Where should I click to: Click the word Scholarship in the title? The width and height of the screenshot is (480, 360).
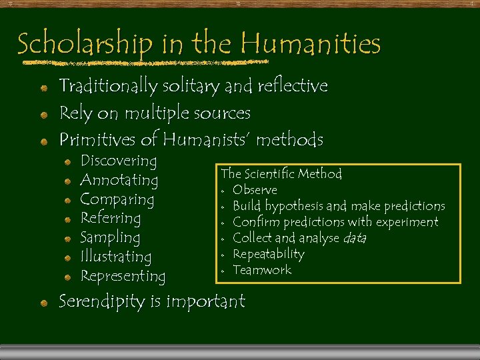click(x=85, y=45)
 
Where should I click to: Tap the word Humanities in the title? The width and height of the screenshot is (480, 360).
click(x=311, y=43)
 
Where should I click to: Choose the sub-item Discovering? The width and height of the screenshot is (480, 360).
click(x=118, y=161)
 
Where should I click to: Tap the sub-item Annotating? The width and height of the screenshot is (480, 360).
click(x=119, y=181)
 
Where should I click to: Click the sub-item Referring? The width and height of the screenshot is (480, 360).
click(x=110, y=218)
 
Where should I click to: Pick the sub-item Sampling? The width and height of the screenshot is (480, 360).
click(x=110, y=237)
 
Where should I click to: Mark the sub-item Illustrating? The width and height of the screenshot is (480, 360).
click(x=115, y=257)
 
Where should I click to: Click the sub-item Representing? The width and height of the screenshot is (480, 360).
click(x=123, y=276)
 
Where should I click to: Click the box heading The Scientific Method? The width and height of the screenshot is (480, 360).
click(x=281, y=174)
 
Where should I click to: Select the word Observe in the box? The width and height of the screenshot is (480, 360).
click(x=255, y=190)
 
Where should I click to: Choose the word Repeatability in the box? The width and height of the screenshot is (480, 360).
click(x=268, y=254)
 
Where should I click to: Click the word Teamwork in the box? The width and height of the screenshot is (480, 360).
click(x=261, y=270)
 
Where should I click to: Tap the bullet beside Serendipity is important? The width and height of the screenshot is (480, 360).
click(x=43, y=303)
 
